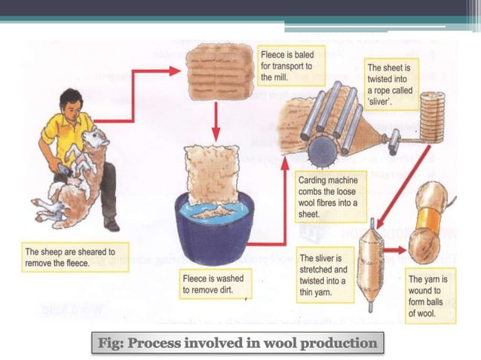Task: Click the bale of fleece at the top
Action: pyautogui.click(x=214, y=67)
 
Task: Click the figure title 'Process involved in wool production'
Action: pyautogui.click(x=238, y=343)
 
